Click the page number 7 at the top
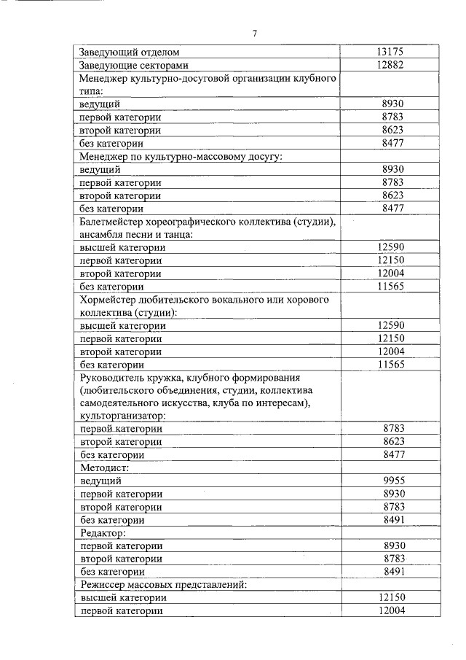pos(255,34)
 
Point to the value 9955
pos(392,481)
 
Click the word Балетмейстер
pos(115,222)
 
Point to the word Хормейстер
pos(111,300)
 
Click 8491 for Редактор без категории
pos(392,572)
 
